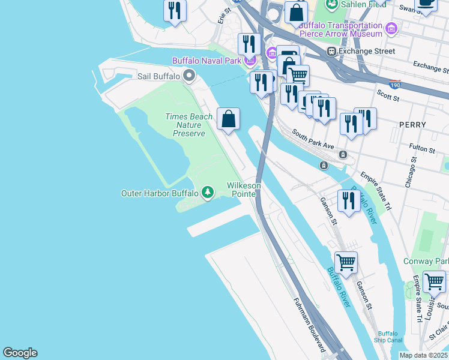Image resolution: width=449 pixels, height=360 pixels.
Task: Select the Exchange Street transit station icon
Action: pyautogui.click(x=331, y=52)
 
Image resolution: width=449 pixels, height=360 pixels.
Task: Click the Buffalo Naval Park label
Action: pyautogui.click(x=206, y=61)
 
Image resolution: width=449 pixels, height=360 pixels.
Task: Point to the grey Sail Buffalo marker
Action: pyautogui.click(x=189, y=76)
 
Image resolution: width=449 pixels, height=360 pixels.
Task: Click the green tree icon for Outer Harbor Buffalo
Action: pyautogui.click(x=208, y=193)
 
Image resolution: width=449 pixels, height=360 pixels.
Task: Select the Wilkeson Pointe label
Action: pyautogui.click(x=244, y=190)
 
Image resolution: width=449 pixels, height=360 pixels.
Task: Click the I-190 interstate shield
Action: pyautogui.click(x=395, y=84)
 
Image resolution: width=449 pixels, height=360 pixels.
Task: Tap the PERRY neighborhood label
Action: pyautogui.click(x=412, y=125)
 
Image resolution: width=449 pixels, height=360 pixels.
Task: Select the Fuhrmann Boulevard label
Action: pyautogui.click(x=310, y=325)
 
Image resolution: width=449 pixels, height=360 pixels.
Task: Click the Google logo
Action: pyautogui.click(x=20, y=353)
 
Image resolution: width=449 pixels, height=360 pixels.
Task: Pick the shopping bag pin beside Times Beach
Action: pyautogui.click(x=229, y=119)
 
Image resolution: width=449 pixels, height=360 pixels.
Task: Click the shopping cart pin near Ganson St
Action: pyautogui.click(x=346, y=262)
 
